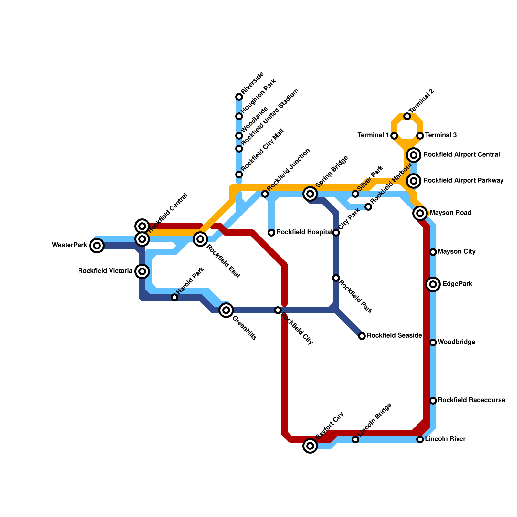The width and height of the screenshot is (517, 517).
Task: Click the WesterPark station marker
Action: pyautogui.click(x=97, y=246)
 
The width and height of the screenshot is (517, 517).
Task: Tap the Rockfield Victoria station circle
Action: pyautogui.click(x=142, y=271)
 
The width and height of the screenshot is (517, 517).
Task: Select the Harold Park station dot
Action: pyautogui.click(x=174, y=297)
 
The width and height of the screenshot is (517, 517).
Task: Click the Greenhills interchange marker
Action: pyautogui.click(x=226, y=310)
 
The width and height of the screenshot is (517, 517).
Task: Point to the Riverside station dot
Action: pyautogui.click(x=239, y=97)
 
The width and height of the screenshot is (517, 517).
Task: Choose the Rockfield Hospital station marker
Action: pyautogui.click(x=271, y=233)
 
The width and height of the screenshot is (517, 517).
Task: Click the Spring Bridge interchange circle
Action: pyautogui.click(x=310, y=194)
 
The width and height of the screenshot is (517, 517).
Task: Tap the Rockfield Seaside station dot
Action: pyautogui.click(x=362, y=336)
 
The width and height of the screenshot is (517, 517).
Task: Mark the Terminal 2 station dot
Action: pyautogui.click(x=407, y=116)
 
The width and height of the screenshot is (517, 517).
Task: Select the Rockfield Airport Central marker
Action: pyautogui.click(x=414, y=155)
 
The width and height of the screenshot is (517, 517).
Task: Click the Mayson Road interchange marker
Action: pyautogui.click(x=420, y=213)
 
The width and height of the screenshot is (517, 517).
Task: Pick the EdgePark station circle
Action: pyautogui.click(x=433, y=284)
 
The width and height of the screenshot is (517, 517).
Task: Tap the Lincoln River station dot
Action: pyautogui.click(x=420, y=439)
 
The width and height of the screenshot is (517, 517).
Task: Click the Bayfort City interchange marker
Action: pyautogui.click(x=310, y=446)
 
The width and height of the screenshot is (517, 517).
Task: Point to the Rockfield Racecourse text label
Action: pyautogui.click(x=471, y=400)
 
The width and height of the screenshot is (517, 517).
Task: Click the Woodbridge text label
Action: pyautogui.click(x=456, y=342)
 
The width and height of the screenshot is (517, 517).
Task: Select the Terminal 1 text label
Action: pyautogui.click(x=373, y=135)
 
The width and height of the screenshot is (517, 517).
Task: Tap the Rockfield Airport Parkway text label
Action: pyautogui.click(x=463, y=181)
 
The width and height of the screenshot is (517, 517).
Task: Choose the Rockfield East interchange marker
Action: pyautogui.click(x=200, y=239)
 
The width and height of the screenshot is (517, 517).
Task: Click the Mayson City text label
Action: pyautogui.click(x=457, y=252)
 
